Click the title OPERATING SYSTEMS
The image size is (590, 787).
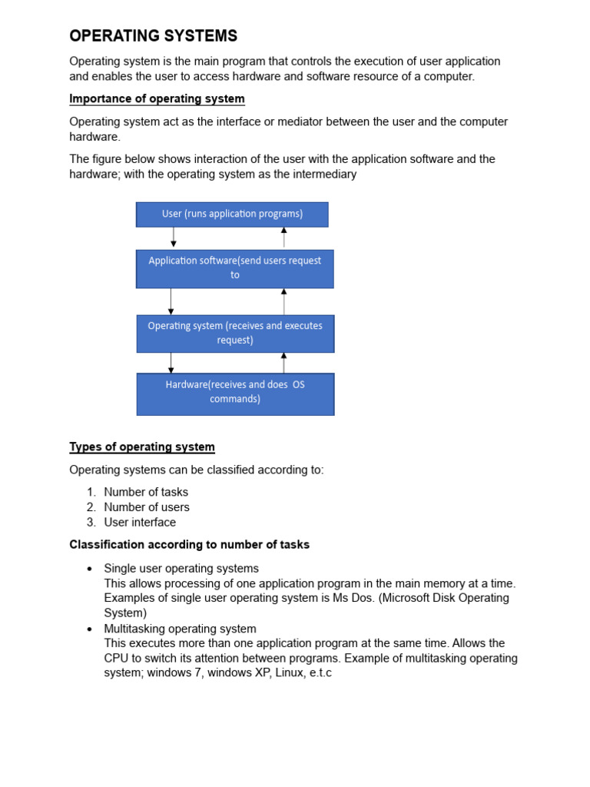point(154,36)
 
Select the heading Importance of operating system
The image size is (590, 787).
point(157,98)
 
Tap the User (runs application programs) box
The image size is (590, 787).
point(232,214)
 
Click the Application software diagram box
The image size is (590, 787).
point(235,268)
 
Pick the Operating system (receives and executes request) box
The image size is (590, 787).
point(235,334)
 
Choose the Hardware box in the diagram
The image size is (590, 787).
point(235,393)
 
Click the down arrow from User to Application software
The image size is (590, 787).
point(174,237)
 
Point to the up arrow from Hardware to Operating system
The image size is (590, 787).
point(283,363)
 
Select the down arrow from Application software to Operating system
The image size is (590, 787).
point(171,301)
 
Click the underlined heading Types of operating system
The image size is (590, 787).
point(142,447)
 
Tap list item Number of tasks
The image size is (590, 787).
point(146,492)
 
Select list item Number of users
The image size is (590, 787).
point(147,507)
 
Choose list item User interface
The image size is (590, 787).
point(140,523)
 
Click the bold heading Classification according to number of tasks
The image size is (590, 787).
point(190,545)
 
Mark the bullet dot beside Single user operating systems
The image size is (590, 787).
point(90,569)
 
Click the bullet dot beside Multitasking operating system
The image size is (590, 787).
point(90,629)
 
